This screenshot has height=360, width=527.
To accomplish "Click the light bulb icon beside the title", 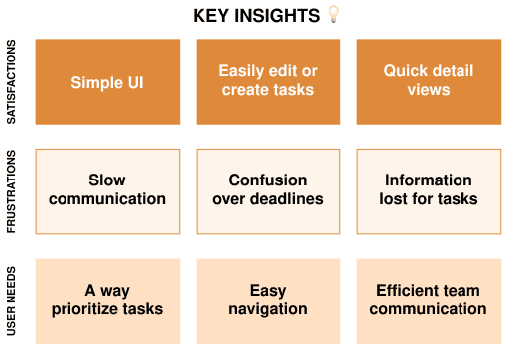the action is pyautogui.click(x=333, y=14).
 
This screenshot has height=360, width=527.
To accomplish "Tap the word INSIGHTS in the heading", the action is pyautogui.click(x=277, y=16).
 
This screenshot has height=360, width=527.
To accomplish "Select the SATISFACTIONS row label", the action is pyautogui.click(x=11, y=81).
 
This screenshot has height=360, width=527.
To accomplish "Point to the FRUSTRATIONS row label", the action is pyautogui.click(x=11, y=191).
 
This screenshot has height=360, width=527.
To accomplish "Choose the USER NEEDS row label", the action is pyautogui.click(x=11, y=300).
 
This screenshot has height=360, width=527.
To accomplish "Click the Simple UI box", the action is pyautogui.click(x=107, y=81).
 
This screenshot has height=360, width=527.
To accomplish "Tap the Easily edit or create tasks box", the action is pyautogui.click(x=268, y=81).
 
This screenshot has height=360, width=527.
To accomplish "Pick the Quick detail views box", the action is pyautogui.click(x=429, y=81).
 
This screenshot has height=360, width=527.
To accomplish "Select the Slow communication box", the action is pyautogui.click(x=107, y=191).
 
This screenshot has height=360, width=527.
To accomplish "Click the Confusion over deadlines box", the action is pyautogui.click(x=268, y=191).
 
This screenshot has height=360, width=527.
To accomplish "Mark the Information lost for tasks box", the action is pyautogui.click(x=429, y=191).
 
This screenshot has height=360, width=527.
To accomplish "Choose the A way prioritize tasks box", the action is pyautogui.click(x=107, y=301).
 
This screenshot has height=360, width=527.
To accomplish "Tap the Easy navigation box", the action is pyautogui.click(x=268, y=301).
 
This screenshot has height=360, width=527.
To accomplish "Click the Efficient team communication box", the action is pyautogui.click(x=429, y=301).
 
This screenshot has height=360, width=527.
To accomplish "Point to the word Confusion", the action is pyautogui.click(x=268, y=180).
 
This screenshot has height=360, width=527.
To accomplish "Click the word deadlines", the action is pyautogui.click(x=287, y=199).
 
